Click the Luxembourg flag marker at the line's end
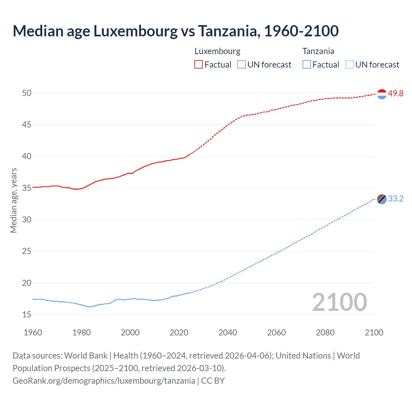pos(382,94)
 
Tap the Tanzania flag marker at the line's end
pos(382,199)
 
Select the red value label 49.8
pos(396,94)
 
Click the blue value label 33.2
pos(396,199)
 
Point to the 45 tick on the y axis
pos(27,125)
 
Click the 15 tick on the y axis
pos(27,314)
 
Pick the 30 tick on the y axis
pos(27,220)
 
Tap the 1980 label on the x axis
pos(81,332)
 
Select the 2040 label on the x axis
pos(228,332)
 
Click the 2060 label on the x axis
pos(276,332)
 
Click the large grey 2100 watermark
pos(339,302)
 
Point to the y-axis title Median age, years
pos(14,200)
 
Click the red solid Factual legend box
pos(199,65)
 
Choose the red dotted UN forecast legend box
pos(241,65)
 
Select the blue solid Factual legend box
pos(306,65)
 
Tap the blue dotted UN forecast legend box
pos(349,65)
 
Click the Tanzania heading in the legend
pos(318,51)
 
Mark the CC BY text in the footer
pos(213,381)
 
